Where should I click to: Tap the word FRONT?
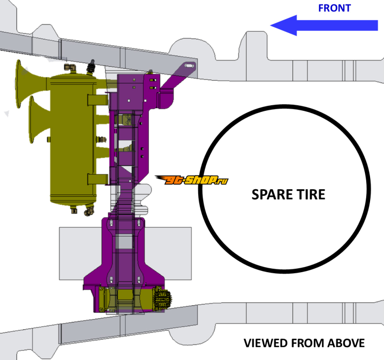point(334,8)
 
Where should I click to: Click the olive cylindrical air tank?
point(72,139)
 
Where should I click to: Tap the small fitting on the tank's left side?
point(48,139)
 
